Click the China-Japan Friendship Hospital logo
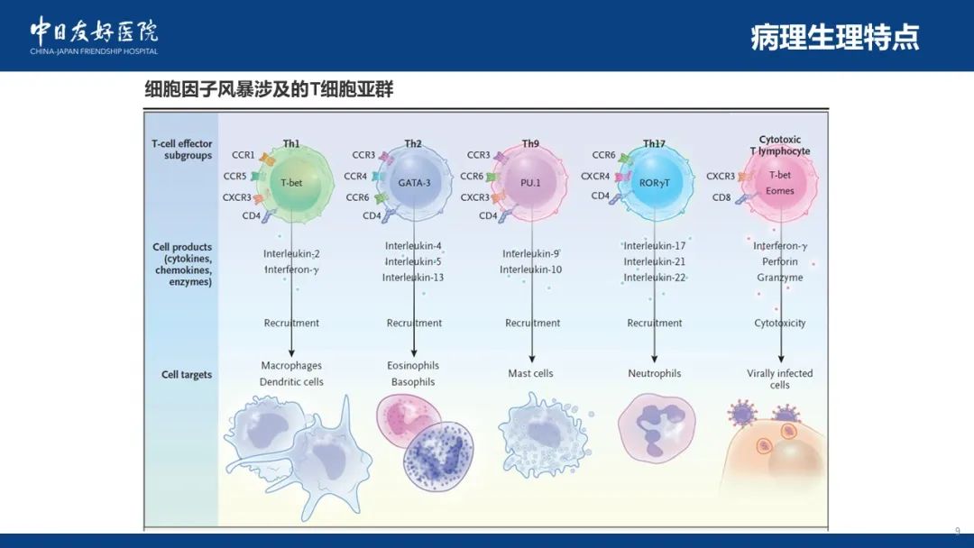94,35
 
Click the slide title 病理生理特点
834,37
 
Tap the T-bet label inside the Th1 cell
291,183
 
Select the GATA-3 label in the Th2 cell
414,183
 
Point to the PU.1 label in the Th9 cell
530,183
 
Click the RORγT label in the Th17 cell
654,183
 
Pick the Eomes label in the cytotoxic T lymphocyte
779,191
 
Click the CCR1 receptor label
243,155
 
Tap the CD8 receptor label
721,197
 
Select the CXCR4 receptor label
595,177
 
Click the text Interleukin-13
413,278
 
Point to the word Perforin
779,262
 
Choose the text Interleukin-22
655,278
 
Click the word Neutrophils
654,374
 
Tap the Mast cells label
530,374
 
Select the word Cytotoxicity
779,324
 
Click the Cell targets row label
187,375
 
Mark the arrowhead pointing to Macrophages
291,353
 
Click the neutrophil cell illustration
657,428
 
